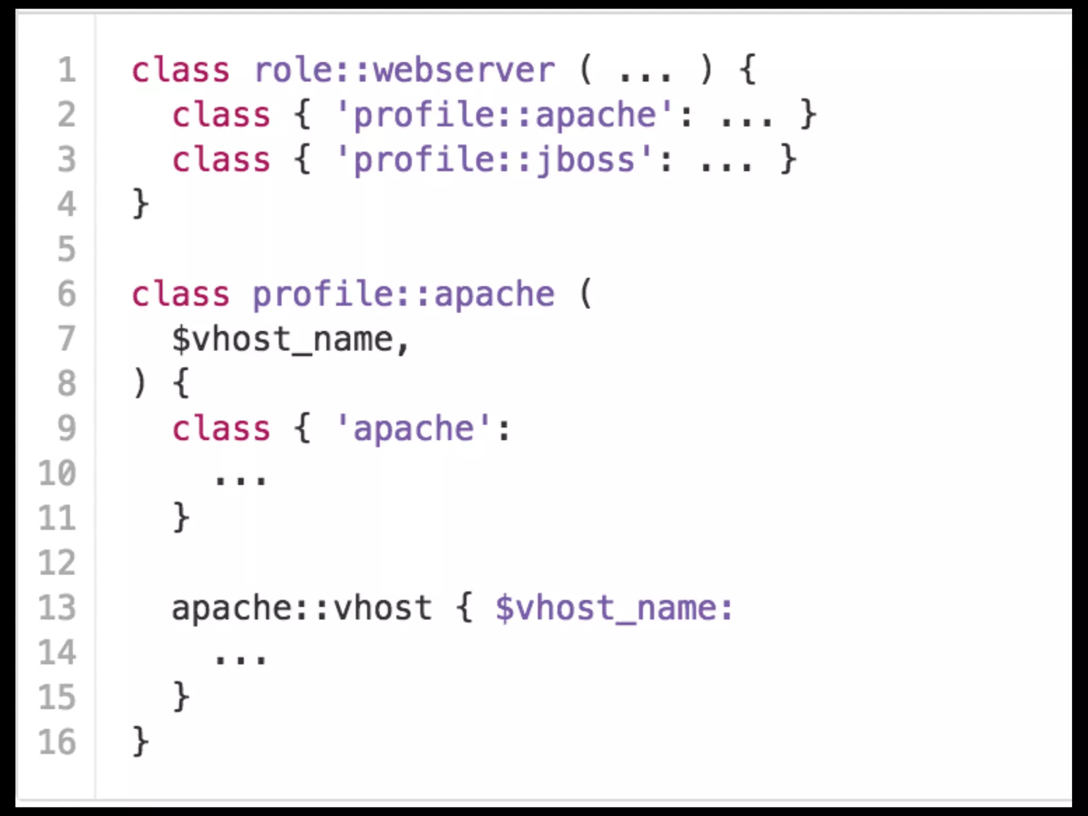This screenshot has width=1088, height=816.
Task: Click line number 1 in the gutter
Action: click(67, 70)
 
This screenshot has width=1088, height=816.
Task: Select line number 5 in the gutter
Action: click(67, 249)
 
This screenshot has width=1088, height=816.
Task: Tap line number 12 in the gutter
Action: click(57, 563)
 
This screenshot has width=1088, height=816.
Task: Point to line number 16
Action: click(57, 742)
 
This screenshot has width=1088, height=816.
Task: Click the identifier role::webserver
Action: click(404, 70)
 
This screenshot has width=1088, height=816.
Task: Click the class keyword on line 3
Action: click(221, 160)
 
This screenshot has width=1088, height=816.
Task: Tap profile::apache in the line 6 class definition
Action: click(403, 294)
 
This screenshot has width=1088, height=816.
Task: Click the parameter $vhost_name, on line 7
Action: click(290, 339)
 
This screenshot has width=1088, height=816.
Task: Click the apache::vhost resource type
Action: click(301, 608)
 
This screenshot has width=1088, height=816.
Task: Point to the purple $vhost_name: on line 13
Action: click(614, 608)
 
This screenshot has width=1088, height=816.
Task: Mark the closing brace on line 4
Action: click(140, 204)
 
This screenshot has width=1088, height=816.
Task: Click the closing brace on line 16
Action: click(140, 742)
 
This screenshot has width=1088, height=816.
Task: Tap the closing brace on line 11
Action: click(181, 517)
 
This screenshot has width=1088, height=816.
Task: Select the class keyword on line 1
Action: click(181, 70)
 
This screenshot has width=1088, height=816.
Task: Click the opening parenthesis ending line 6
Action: click(585, 294)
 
